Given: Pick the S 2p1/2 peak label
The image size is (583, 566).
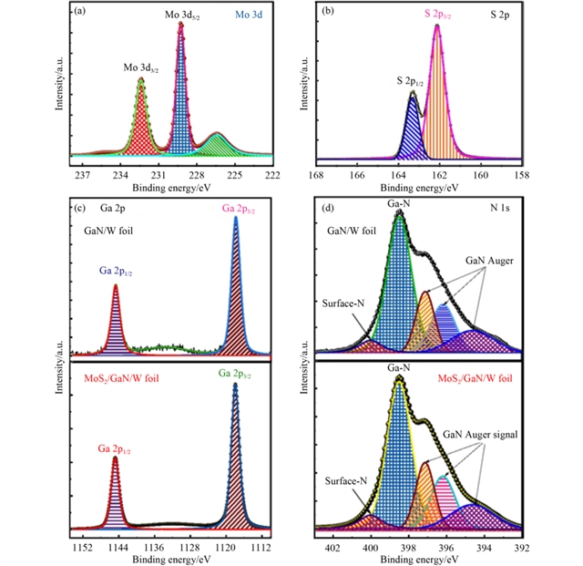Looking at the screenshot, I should tap(413, 81).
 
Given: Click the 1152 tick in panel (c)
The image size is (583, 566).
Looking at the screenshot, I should tap(82, 547).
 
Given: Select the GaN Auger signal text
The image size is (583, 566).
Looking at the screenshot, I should tap(481, 435).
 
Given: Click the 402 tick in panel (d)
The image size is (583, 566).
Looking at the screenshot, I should tap(332, 547).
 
